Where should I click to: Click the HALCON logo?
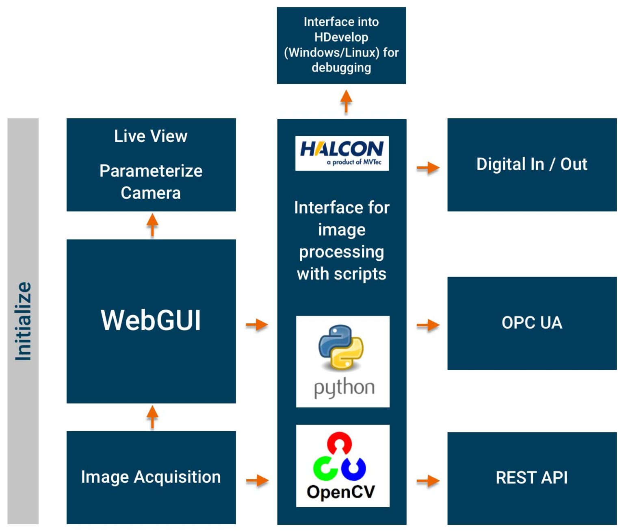(342, 153)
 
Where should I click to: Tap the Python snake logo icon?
(341, 347)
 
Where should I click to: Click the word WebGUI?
(151, 321)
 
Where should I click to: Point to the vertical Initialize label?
(23, 321)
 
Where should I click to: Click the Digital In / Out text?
(531, 164)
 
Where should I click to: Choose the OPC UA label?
(531, 323)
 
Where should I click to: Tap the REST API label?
(531, 477)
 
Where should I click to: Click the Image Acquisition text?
(151, 477)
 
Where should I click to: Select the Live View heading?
(151, 136)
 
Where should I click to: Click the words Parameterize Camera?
(151, 182)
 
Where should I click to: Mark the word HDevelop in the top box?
(341, 37)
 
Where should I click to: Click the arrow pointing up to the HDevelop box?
(346, 101)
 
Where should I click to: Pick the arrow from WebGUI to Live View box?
(152, 225)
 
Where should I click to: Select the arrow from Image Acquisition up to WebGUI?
(152, 417)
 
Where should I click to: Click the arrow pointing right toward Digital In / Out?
(428, 167)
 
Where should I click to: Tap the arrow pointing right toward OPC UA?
(428, 325)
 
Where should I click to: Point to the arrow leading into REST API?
(428, 481)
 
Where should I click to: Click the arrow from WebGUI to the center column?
(257, 325)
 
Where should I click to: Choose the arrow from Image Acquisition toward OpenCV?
(257, 480)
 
